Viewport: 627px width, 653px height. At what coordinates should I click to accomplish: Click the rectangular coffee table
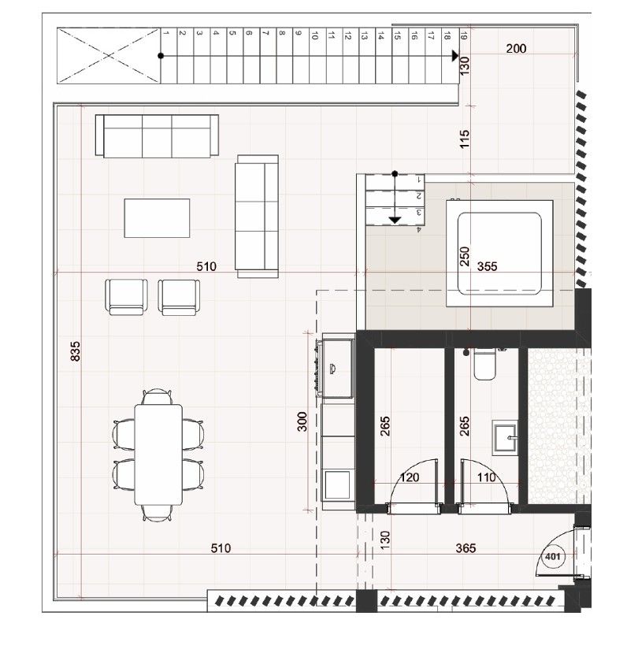157,217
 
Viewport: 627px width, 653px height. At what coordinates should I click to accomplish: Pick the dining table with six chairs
158,455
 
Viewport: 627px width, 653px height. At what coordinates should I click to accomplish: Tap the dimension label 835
76,351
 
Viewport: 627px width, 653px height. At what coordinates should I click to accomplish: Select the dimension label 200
516,48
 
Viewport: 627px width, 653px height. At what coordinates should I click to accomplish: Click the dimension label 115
464,140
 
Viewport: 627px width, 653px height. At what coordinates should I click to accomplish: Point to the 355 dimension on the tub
488,266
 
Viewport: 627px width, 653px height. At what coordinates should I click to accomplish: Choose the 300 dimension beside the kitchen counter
302,422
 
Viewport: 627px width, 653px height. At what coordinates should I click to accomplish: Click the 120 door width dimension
410,477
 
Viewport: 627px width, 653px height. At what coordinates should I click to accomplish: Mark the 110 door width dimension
486,477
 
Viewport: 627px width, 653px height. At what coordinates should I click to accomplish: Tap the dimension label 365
466,548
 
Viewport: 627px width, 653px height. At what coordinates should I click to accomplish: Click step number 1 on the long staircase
166,34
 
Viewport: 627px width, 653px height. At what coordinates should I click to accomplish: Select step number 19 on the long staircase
463,35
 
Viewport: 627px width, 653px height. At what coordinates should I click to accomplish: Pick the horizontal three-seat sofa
157,135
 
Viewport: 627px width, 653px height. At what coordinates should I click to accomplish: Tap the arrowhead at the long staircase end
454,56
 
